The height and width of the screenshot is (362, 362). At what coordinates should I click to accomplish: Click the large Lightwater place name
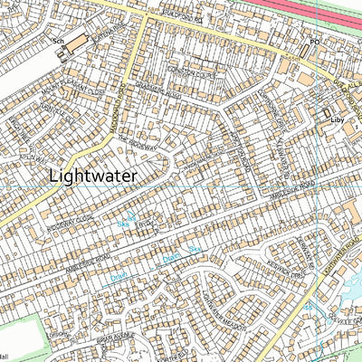click(x=94, y=176)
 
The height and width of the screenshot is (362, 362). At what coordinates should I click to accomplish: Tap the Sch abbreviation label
click(x=57, y=42)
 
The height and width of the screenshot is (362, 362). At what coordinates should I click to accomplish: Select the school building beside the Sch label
click(x=77, y=43)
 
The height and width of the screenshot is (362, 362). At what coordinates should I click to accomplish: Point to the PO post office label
click(x=315, y=42)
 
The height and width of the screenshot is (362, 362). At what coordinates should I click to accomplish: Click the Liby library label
click(x=338, y=119)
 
